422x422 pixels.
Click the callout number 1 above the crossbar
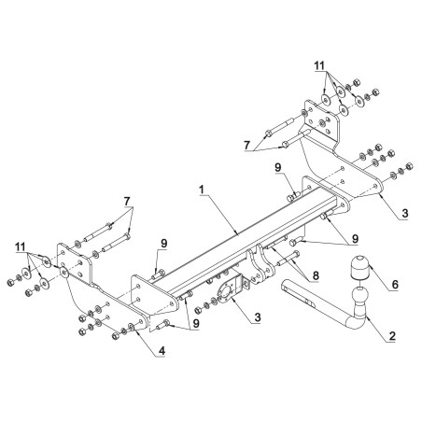(202, 190)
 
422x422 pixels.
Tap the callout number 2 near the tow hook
(392, 336)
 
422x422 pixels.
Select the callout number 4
(162, 351)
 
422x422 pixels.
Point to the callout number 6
(395, 284)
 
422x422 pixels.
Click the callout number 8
(316, 275)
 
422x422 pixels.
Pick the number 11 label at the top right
(319, 65)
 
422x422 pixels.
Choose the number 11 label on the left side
(21, 247)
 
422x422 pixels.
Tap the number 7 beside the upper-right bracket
(247, 145)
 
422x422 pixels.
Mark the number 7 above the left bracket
(127, 202)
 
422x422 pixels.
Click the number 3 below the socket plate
(258, 317)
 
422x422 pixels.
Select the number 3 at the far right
(404, 214)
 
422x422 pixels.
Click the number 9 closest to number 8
(355, 239)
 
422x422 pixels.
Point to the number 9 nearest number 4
(196, 324)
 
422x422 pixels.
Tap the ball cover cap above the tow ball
(359, 267)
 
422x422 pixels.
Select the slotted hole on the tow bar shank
(310, 302)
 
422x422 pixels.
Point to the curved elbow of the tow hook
(357, 320)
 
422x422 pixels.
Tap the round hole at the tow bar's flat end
(285, 288)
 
